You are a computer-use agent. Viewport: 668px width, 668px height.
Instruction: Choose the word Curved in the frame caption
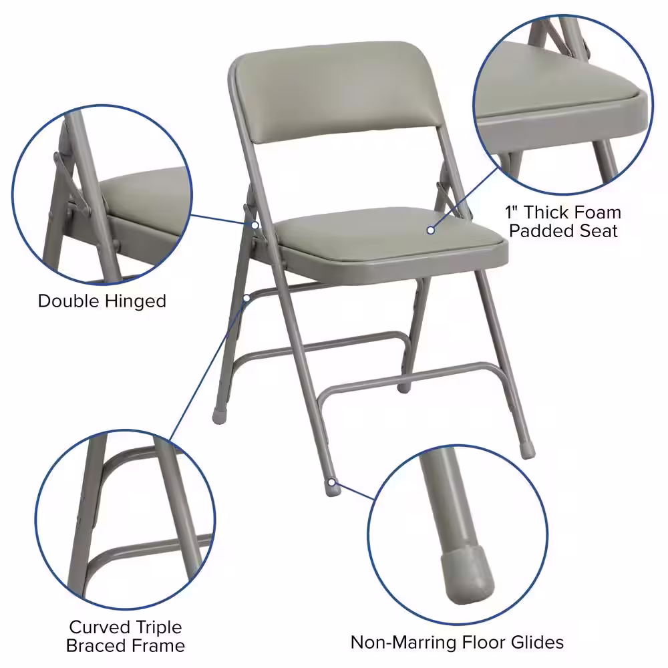point(99,627)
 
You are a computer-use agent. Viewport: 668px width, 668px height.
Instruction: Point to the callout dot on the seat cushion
point(431,230)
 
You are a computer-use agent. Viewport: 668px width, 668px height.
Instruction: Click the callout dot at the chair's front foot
point(333,480)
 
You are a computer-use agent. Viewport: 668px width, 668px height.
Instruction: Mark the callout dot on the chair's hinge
point(255,224)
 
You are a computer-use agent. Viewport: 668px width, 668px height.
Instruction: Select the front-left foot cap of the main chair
point(219,415)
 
